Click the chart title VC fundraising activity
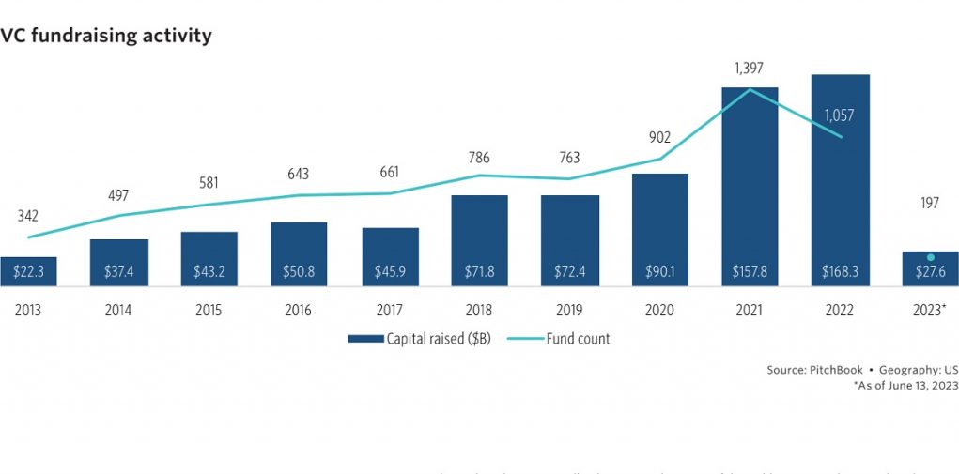click(106, 37)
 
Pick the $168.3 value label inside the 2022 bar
click(840, 271)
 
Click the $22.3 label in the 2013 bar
click(28, 271)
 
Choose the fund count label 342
click(28, 217)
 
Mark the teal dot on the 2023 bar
click(930, 257)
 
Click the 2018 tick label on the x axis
click(479, 310)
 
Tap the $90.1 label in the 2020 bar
click(659, 271)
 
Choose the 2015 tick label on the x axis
click(209, 310)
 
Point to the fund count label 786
click(479, 157)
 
